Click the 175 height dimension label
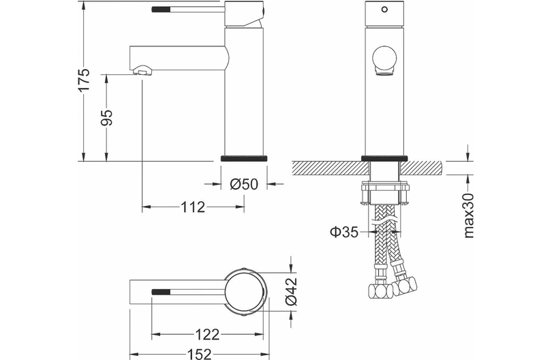pyautogui.click(x=84, y=80)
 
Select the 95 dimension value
pyautogui.click(x=106, y=117)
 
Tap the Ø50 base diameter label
pyautogui.click(x=244, y=183)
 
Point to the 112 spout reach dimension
pyautogui.click(x=193, y=207)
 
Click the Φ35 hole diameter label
pyautogui.click(x=344, y=232)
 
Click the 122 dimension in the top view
pyautogui.click(x=207, y=334)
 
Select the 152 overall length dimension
pyautogui.click(x=198, y=354)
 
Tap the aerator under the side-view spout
pyautogui.click(x=142, y=70)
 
